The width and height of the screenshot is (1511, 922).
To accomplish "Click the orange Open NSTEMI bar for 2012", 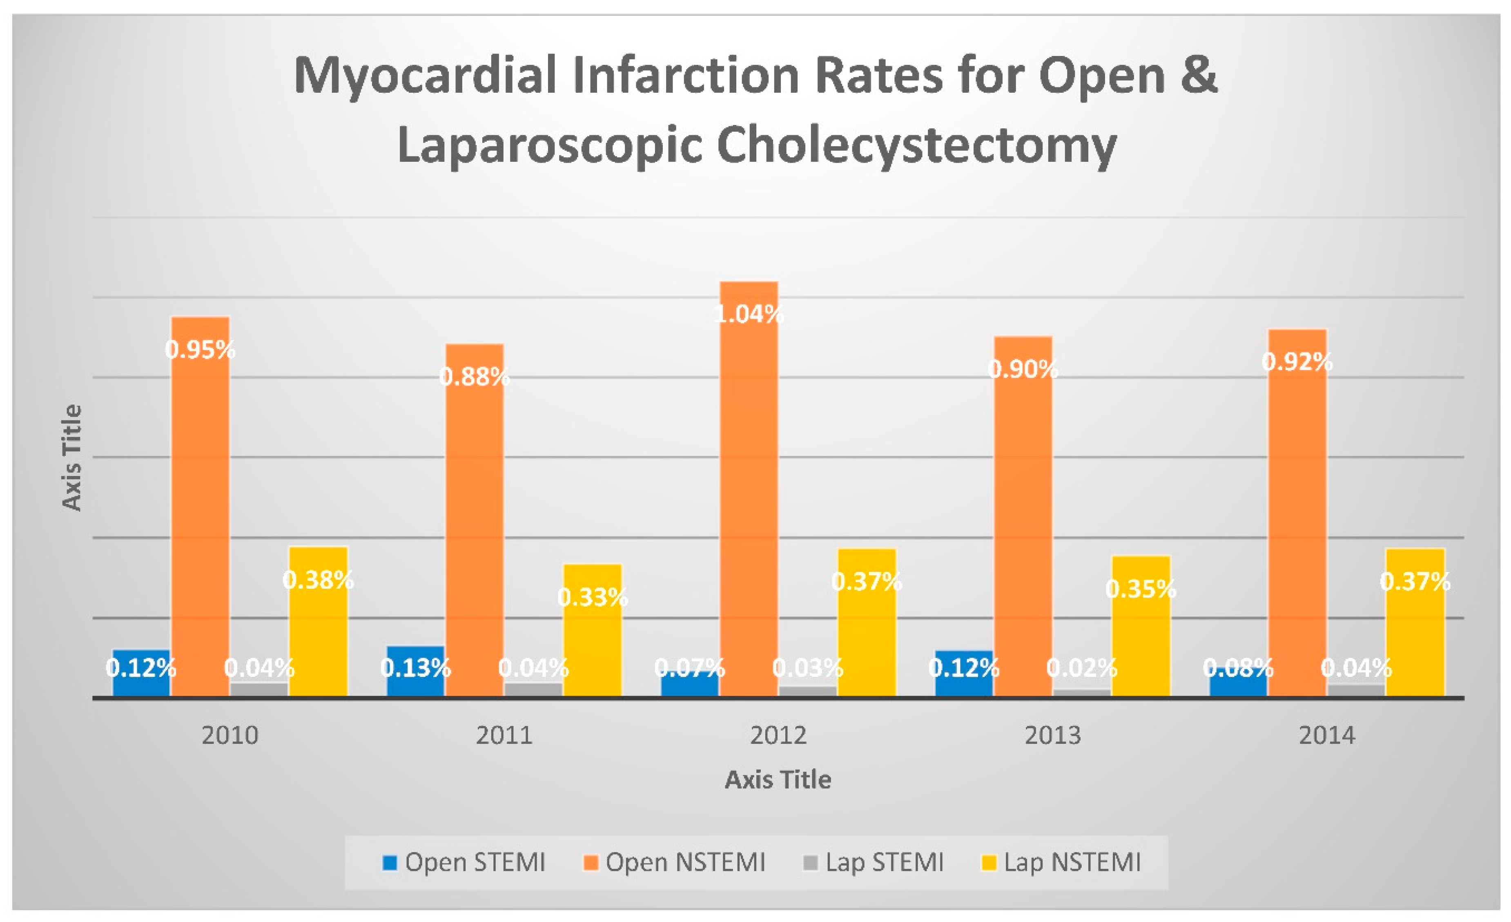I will coord(748,491).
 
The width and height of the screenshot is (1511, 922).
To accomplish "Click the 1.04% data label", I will coord(748,314).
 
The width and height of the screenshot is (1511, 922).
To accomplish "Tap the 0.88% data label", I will coord(474,377).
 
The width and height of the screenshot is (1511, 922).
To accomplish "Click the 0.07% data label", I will coord(689,668).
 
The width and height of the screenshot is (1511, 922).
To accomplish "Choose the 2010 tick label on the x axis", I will coord(230,735).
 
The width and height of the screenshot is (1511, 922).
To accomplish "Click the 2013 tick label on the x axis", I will coord(1052,735).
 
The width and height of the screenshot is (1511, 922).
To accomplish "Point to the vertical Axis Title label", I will coord(72,458).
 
